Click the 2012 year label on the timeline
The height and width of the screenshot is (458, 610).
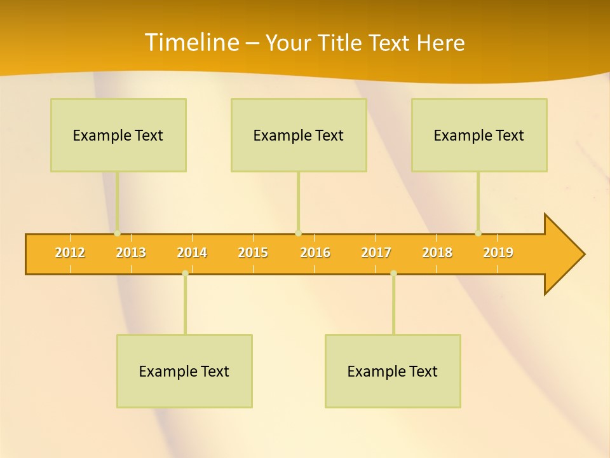[70, 253]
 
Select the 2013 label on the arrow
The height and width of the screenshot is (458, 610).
[131, 253]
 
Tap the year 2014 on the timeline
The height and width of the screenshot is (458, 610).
[192, 253]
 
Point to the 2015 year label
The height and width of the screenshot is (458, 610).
[253, 253]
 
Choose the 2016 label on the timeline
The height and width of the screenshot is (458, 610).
[315, 253]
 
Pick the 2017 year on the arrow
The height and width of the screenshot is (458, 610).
[376, 253]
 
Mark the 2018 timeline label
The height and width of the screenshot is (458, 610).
[437, 253]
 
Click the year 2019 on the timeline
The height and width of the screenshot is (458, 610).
[498, 253]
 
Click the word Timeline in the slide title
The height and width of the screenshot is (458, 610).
[190, 43]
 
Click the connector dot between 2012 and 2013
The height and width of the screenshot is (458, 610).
[117, 233]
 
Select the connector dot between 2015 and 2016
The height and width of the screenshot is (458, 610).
[298, 233]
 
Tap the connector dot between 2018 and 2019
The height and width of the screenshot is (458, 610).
[478, 233]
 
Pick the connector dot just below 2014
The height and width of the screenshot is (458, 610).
[185, 274]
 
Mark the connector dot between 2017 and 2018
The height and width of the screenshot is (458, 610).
[393, 274]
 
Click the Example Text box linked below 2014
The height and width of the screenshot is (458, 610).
[184, 371]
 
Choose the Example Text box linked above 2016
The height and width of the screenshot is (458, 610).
[299, 135]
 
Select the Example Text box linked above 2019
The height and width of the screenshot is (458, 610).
[479, 135]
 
